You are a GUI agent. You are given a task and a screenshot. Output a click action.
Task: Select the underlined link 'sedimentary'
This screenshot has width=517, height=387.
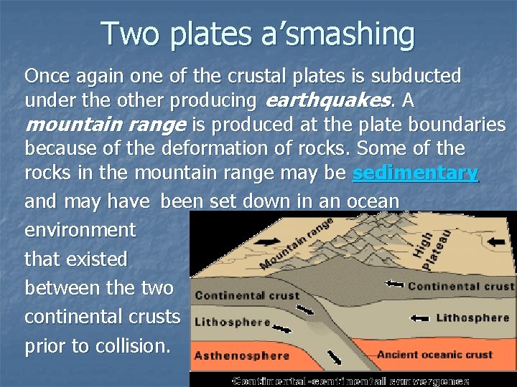click(x=416, y=173)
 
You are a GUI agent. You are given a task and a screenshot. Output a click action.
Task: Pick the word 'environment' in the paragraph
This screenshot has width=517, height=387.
click(x=80, y=230)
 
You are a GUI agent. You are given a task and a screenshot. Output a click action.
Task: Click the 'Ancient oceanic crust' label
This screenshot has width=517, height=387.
click(x=434, y=354)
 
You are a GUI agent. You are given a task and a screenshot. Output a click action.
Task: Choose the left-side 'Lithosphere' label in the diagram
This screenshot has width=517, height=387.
click(x=232, y=322)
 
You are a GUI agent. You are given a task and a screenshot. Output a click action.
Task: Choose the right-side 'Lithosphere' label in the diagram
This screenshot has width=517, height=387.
click(x=472, y=317)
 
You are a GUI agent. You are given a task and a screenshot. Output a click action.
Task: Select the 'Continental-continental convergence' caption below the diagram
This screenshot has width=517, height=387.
click(x=351, y=380)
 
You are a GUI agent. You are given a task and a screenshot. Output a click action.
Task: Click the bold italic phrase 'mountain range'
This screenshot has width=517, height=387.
click(x=106, y=125)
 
